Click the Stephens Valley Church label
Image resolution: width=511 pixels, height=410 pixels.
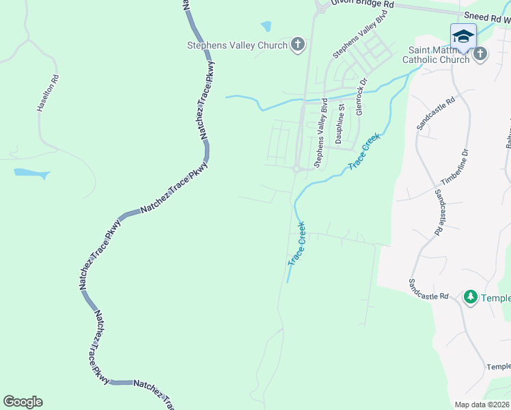pyautogui.click(x=237, y=46)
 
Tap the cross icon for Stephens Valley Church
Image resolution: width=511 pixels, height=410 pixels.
pyautogui.click(x=297, y=46)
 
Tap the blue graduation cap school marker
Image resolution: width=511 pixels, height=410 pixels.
pyautogui.click(x=462, y=36)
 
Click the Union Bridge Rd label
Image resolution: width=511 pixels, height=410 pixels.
pyautogui.click(x=363, y=4)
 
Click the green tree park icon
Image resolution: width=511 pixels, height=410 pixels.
pyautogui.click(x=470, y=297)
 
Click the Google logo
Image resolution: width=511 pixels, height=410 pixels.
pyautogui.click(x=23, y=402)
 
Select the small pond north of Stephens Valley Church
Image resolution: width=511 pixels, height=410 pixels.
pyautogui.click(x=266, y=27)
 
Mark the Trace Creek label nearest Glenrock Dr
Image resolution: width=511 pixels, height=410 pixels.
pyautogui.click(x=363, y=152)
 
